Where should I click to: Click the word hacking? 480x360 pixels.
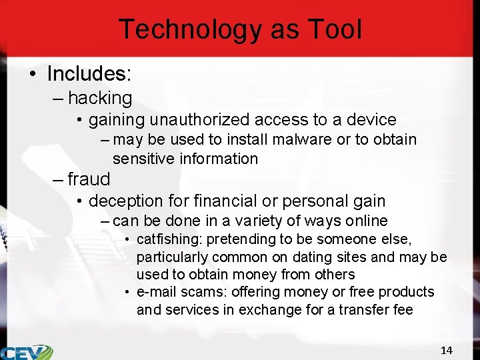tap(100, 98)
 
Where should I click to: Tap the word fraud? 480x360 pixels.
tap(89, 179)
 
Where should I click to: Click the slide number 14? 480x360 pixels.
tap(447, 350)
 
